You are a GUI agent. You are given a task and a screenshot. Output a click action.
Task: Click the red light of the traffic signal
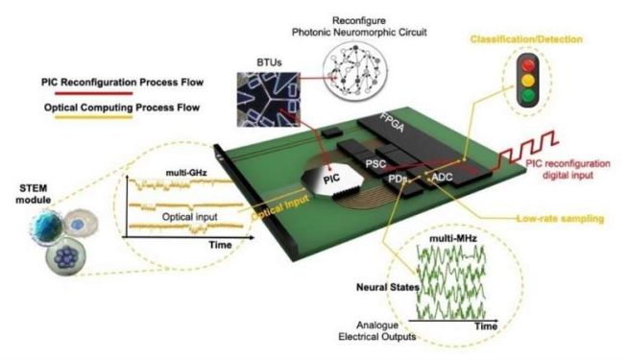point(528,65)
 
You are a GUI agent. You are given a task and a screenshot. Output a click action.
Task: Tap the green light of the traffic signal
point(528,95)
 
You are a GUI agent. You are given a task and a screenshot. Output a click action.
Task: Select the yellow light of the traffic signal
point(528,80)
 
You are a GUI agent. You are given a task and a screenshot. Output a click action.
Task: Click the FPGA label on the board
point(392,122)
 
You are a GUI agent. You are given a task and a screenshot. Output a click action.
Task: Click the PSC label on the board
point(375,163)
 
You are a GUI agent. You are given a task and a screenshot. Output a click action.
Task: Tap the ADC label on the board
point(442,177)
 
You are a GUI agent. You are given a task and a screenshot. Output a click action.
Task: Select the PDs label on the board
point(398,179)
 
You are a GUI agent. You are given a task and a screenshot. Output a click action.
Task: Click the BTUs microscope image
point(268,99)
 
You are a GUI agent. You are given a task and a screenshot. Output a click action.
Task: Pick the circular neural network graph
point(355,70)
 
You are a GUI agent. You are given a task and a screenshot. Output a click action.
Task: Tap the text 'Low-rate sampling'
point(560,219)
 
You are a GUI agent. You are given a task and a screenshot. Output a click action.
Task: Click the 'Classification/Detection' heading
point(526,39)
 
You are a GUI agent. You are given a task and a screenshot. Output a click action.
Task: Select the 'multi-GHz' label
point(186,173)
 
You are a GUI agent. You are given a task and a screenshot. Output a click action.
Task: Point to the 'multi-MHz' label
point(453,239)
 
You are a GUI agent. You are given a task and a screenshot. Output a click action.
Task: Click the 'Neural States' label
point(388,287)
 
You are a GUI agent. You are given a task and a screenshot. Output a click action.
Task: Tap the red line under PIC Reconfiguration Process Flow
point(94,94)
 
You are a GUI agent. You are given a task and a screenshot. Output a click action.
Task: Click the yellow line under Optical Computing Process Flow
point(94,117)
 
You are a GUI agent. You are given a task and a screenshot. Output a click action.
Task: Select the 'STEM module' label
point(34,194)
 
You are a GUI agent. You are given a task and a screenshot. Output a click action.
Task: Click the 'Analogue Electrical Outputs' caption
point(376,331)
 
